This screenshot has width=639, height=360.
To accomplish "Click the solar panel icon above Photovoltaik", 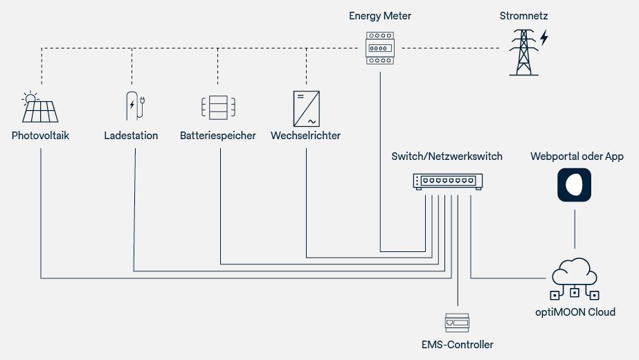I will [x=41, y=107].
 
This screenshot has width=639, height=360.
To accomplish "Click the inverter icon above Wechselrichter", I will [x=305, y=108].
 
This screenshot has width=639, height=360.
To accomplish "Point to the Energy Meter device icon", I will [x=380, y=48].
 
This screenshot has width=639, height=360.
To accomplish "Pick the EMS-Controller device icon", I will [x=457, y=322].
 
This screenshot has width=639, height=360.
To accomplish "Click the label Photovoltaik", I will [x=41, y=136].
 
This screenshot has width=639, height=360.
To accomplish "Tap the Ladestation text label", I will [x=131, y=136].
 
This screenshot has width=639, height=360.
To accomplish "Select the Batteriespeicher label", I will [x=218, y=136].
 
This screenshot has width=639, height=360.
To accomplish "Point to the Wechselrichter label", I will [x=305, y=136].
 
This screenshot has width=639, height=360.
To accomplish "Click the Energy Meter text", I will [x=380, y=15].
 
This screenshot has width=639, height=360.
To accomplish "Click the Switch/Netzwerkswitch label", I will [x=447, y=156].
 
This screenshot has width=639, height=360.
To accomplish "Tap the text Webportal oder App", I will [x=577, y=156].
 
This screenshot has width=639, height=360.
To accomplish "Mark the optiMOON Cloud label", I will [x=575, y=312].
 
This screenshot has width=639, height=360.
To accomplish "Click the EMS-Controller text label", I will [x=457, y=344].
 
